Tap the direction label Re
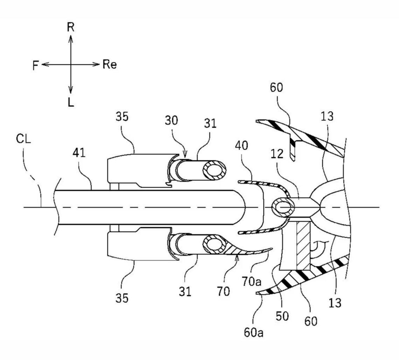tap(110, 64)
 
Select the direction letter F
tap(36, 65)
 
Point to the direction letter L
tap(71, 103)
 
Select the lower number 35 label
tap(122, 298)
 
